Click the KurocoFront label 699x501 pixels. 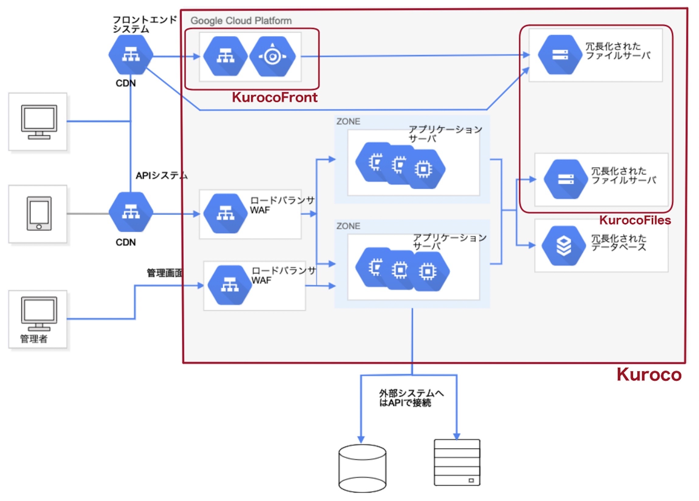click(274, 97)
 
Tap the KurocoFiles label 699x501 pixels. click(635, 220)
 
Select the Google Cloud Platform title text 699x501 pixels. click(241, 21)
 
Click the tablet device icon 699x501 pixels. click(39, 213)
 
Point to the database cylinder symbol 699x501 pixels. click(362, 468)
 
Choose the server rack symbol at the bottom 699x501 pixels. click(457, 462)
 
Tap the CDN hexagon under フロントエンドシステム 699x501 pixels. click(131, 54)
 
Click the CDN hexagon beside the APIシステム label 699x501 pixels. click(131, 212)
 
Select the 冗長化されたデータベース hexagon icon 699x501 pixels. click(564, 246)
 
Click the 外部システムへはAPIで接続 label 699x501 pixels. click(411, 398)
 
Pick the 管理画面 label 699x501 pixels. click(165, 273)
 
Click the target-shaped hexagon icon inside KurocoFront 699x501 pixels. click(273, 56)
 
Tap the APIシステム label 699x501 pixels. click(162, 176)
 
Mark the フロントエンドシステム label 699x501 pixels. click(144, 24)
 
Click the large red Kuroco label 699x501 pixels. click(649, 375)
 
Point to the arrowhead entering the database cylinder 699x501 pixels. click(361, 440)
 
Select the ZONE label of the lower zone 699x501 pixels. click(348, 226)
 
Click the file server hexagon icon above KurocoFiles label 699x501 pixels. click(566, 179)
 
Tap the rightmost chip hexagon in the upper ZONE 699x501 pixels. click(423, 169)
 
